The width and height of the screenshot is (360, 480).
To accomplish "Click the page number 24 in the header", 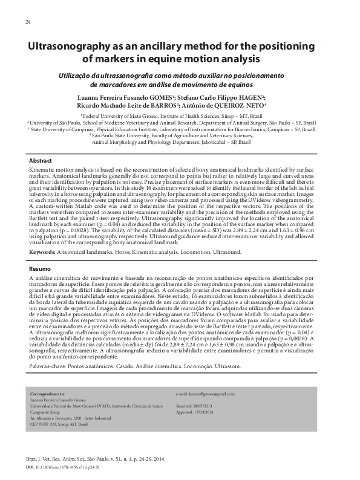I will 28,22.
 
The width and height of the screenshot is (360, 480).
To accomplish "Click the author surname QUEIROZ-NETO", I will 246,105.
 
